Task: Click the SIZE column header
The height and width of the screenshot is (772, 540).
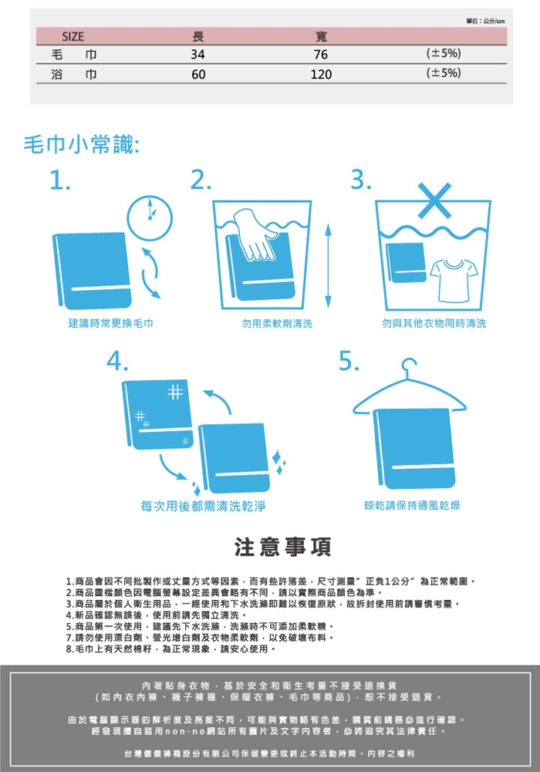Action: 73,37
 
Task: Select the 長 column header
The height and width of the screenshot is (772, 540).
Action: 198,36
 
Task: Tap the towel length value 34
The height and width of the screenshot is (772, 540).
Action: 198,54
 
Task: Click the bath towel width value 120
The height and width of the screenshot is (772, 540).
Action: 321,74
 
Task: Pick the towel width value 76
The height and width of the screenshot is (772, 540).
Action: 321,54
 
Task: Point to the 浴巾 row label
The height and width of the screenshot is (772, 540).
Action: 74,74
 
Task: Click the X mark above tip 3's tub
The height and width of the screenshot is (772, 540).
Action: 434,200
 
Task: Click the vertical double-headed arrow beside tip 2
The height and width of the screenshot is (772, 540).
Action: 329,266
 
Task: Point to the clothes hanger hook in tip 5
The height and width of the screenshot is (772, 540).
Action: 408,367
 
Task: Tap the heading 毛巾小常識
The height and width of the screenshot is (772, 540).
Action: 82,145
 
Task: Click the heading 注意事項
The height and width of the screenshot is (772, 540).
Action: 283,547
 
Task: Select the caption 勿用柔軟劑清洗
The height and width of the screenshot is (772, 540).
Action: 277,323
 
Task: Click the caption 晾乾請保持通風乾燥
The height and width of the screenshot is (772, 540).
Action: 412,506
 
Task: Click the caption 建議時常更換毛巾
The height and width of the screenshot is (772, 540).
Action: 111,323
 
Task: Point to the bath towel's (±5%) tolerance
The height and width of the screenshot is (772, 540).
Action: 444,73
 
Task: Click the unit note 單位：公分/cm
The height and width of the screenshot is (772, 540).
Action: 485,21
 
